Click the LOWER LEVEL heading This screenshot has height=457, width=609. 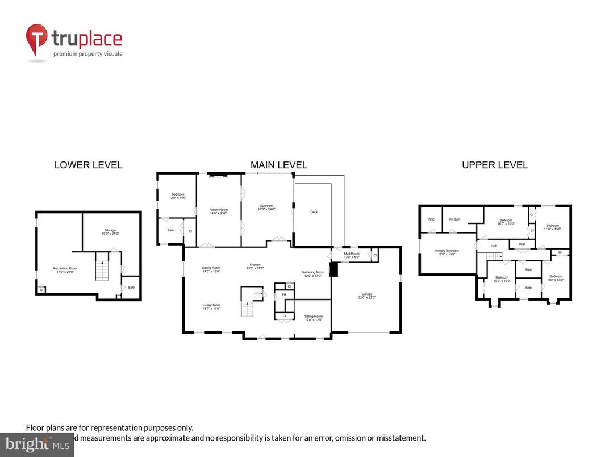88,165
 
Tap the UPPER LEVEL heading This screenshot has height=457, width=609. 494,165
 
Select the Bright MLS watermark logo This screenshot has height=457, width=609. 37,444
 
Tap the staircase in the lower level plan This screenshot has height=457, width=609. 101,268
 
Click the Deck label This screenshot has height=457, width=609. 314,212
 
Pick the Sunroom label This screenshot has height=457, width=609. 267,207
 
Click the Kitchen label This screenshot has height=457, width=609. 256,266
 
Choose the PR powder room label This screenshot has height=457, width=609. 283,295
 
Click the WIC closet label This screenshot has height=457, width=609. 431,219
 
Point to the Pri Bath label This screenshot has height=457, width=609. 454,219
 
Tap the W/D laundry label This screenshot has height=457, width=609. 521,244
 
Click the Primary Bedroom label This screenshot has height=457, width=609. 447,252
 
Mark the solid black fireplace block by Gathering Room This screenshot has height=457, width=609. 334,269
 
